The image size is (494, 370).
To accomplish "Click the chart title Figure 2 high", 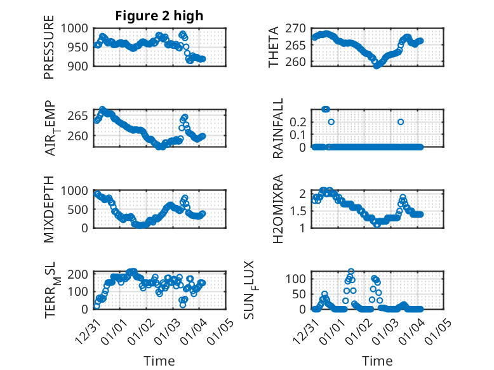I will (x=159, y=16).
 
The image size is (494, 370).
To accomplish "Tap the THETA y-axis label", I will (x=274, y=47).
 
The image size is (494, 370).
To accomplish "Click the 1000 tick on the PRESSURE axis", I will (x=77, y=28).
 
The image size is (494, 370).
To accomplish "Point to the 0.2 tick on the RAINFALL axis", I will (x=300, y=121).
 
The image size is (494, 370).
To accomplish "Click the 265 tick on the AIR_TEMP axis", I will (x=81, y=116).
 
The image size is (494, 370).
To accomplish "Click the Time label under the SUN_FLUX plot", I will (x=377, y=360).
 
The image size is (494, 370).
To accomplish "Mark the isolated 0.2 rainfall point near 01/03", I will (x=401, y=121).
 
